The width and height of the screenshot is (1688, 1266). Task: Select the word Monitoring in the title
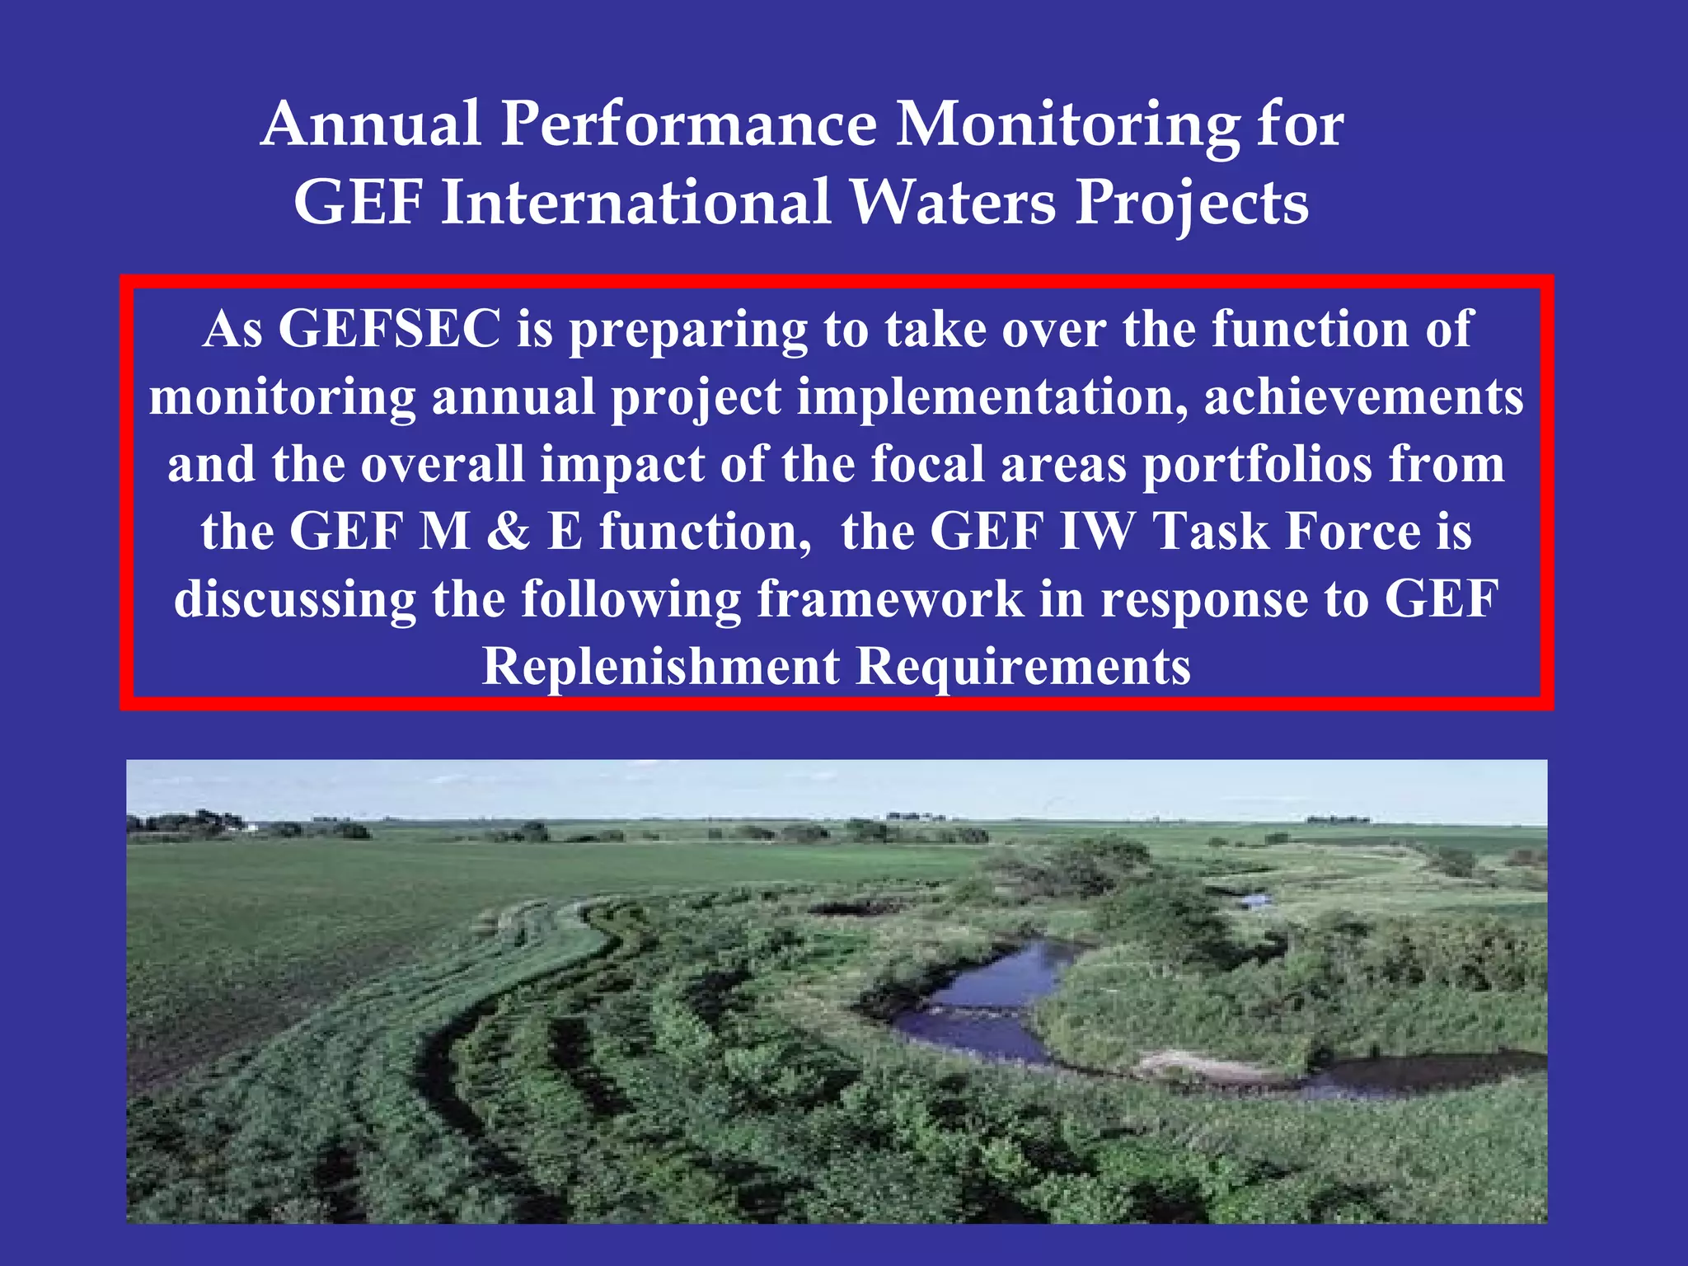1067,125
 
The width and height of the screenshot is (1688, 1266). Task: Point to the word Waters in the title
952,202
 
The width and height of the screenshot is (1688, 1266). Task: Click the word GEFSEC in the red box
389,329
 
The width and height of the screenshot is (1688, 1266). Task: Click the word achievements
1363,397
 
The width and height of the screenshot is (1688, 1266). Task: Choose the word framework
890,598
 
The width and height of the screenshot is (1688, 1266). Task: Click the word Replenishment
660,666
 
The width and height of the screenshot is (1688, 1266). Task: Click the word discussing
294,600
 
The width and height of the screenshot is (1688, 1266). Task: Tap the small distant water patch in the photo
1254,900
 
